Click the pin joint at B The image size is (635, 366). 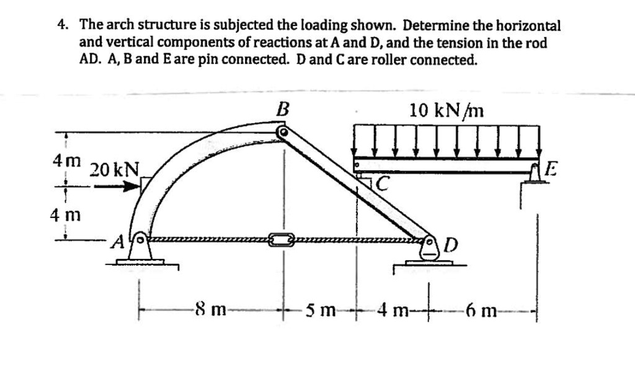[283, 132]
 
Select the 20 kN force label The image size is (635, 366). [115, 169]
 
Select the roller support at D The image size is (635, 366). [429, 250]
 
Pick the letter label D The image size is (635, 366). [451, 246]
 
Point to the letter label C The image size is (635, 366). [383, 182]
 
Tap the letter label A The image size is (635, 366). [116, 243]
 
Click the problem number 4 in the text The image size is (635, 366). [61, 25]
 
